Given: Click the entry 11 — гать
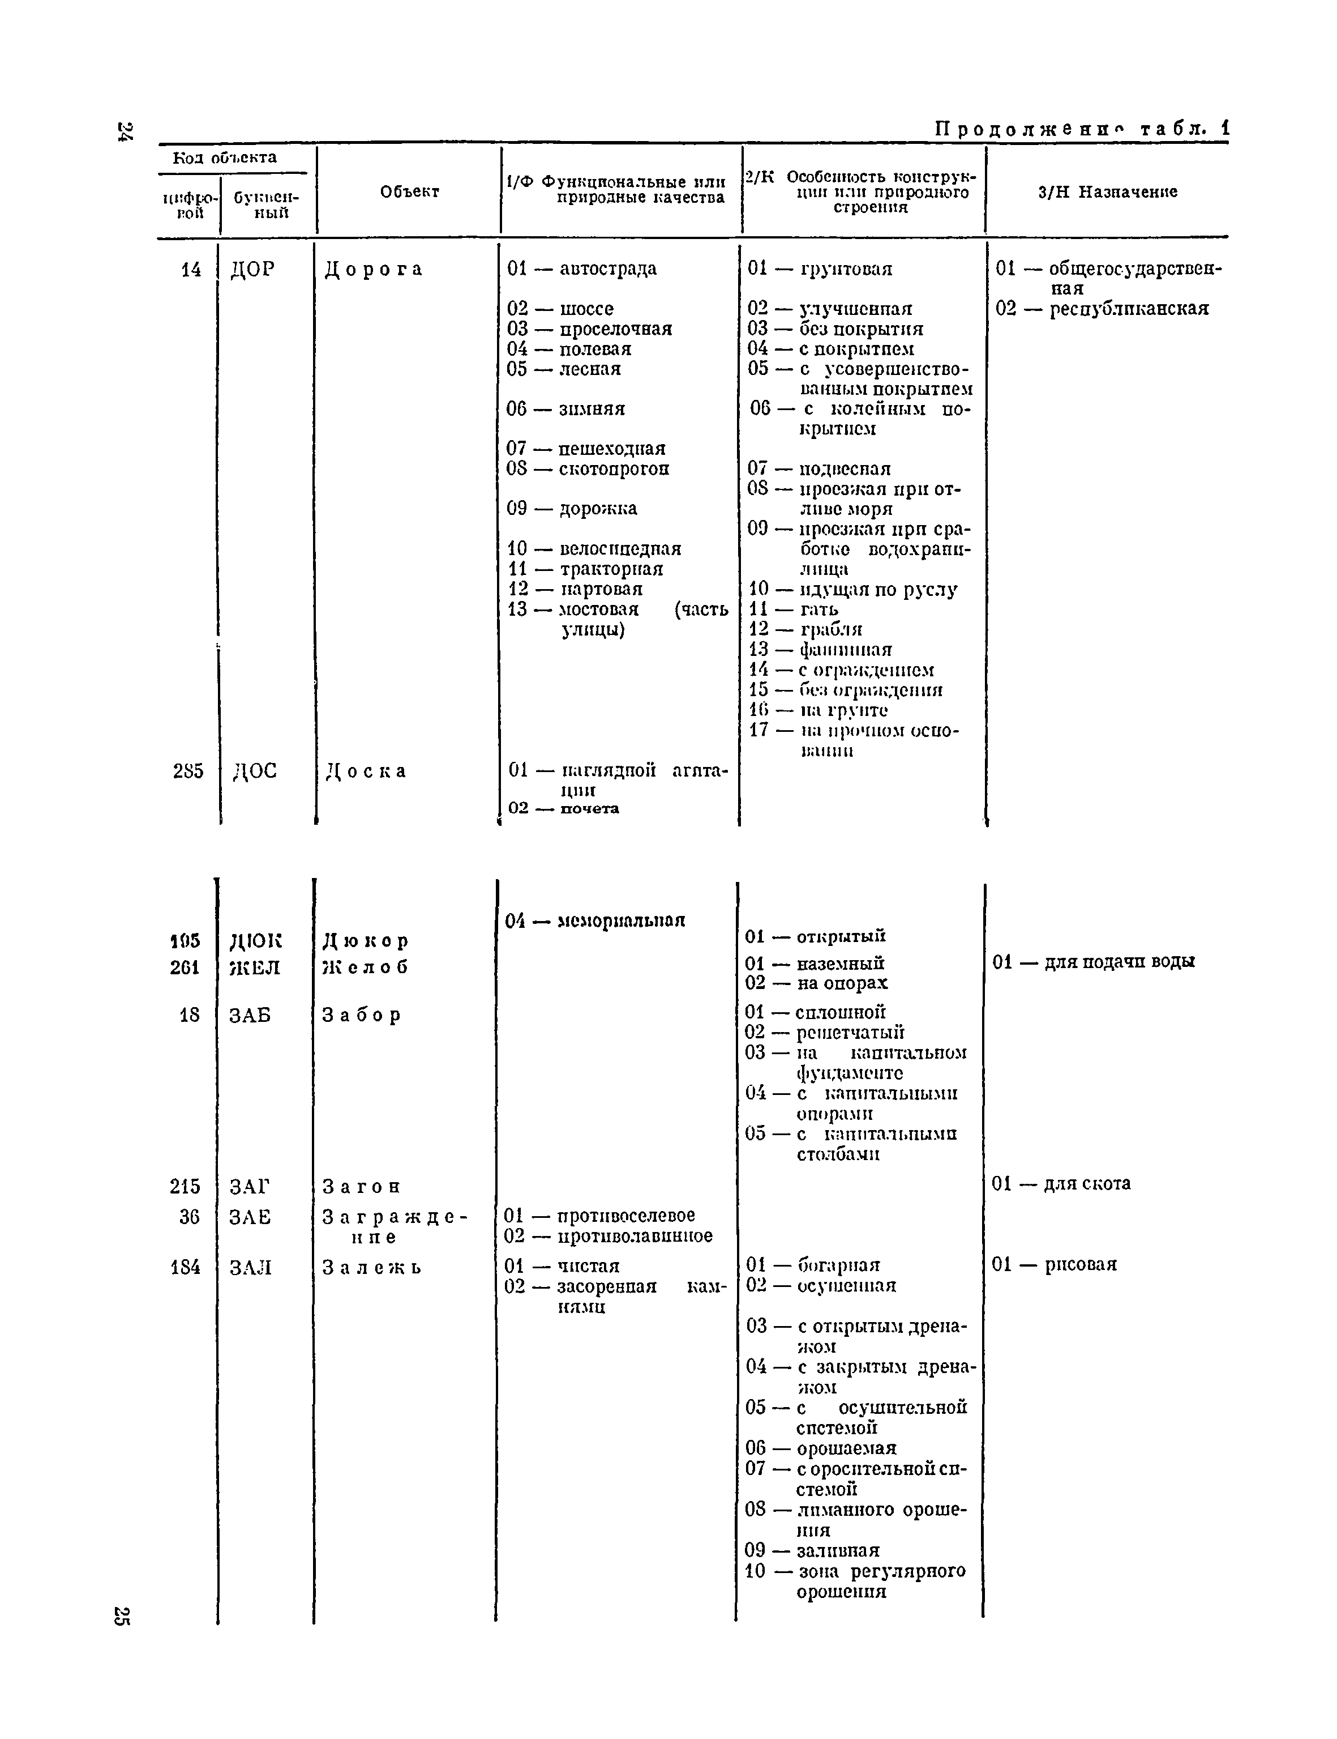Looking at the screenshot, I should [794, 609].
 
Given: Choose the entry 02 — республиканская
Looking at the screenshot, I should [1102, 308].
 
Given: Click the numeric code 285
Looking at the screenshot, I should [188, 771].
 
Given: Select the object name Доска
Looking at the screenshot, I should [366, 771].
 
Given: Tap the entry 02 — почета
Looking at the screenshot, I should [563, 808].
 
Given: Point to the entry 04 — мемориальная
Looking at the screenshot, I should [594, 920].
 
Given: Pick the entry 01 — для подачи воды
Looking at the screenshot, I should [1094, 962].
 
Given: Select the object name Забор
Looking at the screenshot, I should [361, 1015].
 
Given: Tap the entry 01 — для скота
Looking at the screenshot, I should [1061, 1184].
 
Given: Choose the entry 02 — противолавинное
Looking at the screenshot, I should [608, 1236].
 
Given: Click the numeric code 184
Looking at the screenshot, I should [186, 1267].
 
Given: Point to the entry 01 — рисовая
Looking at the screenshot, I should [1055, 1264].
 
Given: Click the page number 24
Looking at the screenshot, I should [125, 132].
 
